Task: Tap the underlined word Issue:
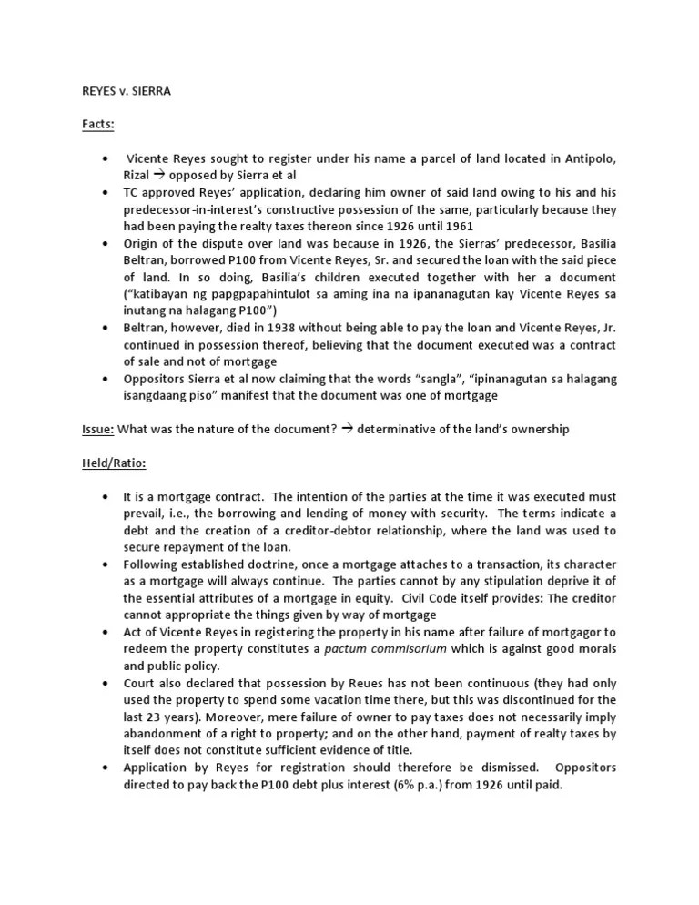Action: [x=98, y=430]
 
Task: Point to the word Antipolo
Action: [x=584, y=159]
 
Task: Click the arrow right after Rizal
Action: [x=158, y=176]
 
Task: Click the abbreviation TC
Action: [x=133, y=193]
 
